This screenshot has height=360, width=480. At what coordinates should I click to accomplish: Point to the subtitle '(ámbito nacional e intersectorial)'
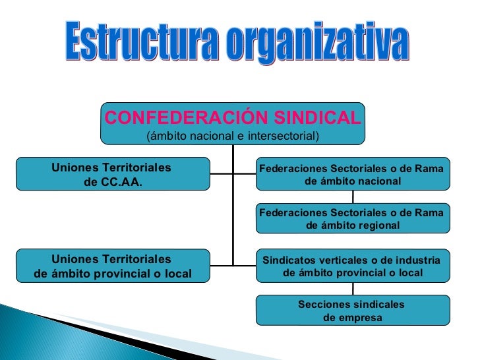tap(232, 136)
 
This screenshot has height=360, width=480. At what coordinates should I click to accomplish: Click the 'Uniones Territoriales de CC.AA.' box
tap(113, 174)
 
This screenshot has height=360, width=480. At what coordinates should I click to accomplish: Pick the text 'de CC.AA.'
tap(113, 182)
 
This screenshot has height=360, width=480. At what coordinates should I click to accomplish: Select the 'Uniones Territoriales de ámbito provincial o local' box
tap(113, 266)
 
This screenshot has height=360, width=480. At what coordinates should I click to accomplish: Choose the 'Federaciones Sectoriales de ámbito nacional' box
tap(352, 174)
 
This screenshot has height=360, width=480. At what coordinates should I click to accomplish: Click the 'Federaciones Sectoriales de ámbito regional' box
tap(352, 218)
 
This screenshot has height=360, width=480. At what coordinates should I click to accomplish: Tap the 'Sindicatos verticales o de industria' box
tap(352, 266)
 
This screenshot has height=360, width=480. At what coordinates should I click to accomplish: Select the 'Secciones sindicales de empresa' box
tap(352, 311)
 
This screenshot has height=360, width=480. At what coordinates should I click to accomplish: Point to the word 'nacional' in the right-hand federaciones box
tap(377, 181)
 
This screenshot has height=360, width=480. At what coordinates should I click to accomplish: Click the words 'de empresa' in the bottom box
tap(352, 318)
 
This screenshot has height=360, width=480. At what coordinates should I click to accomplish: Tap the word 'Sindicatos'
tap(289, 260)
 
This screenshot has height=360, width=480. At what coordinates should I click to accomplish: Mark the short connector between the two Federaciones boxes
tap(353, 196)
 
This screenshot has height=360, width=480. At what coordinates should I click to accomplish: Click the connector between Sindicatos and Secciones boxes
tap(353, 288)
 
